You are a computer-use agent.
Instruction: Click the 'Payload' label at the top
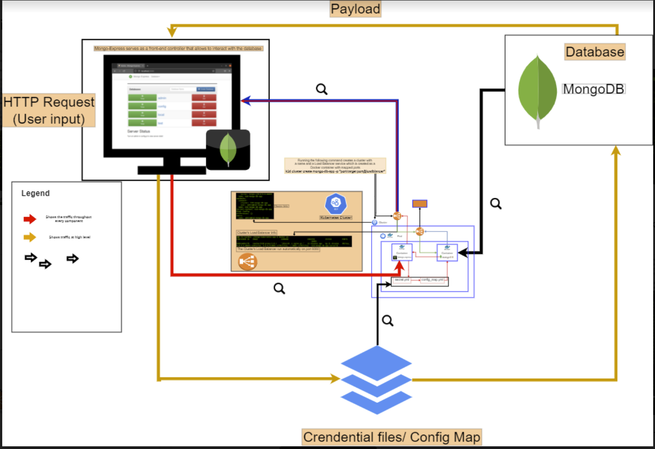pyautogui.click(x=356, y=9)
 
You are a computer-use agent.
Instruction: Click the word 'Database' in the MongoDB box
pyautogui.click(x=594, y=52)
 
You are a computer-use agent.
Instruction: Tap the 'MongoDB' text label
pyautogui.click(x=594, y=89)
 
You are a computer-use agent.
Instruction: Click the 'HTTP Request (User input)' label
pyautogui.click(x=49, y=110)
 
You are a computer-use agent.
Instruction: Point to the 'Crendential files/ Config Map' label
pyautogui.click(x=391, y=437)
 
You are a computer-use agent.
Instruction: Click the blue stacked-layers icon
pyautogui.click(x=376, y=379)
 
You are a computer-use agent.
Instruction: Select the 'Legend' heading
pyautogui.click(x=35, y=193)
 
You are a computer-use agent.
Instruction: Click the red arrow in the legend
pyautogui.click(x=30, y=219)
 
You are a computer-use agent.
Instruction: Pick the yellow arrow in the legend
pyautogui.click(x=30, y=237)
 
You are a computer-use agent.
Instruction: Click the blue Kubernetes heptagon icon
pyautogui.click(x=336, y=204)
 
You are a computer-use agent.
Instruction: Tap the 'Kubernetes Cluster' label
pyautogui.click(x=336, y=218)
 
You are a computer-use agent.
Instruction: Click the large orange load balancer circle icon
pyautogui.click(x=247, y=261)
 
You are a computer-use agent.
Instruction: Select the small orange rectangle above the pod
pyautogui.click(x=420, y=204)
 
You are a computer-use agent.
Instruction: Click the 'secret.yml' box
pyautogui.click(x=401, y=280)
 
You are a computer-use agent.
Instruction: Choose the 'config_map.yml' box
pyautogui.click(x=433, y=280)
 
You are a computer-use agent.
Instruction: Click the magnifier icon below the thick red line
pyautogui.click(x=279, y=288)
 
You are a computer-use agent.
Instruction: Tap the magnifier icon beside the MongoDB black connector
pyautogui.click(x=496, y=204)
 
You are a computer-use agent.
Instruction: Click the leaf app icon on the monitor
pyautogui.click(x=228, y=150)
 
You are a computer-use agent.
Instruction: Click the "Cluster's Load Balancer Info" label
pyautogui.click(x=257, y=233)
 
